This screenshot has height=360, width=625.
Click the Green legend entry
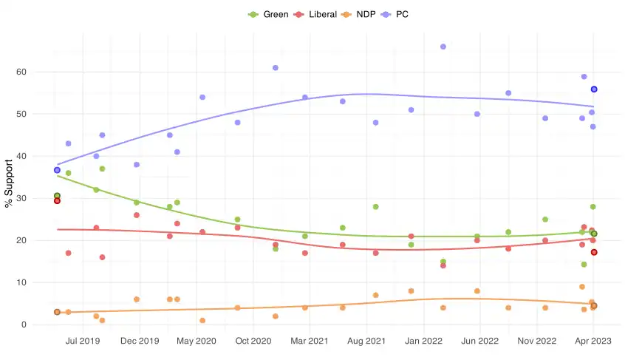[x=270, y=14]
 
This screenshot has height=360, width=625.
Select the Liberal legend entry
[x=316, y=14]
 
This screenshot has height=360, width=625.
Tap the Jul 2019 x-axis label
[x=83, y=341]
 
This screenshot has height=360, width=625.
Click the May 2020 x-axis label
[x=196, y=341]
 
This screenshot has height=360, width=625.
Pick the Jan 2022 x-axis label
[x=423, y=341]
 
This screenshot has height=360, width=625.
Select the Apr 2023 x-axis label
[x=593, y=341]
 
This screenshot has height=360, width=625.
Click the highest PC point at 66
[x=443, y=47]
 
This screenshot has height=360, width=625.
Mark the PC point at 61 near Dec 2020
[x=276, y=68]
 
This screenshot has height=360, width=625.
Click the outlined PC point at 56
[x=594, y=89]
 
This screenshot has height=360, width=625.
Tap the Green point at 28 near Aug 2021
[x=376, y=207]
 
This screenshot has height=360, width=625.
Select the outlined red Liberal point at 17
[x=594, y=253]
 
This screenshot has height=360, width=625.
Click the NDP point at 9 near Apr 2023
[x=582, y=287]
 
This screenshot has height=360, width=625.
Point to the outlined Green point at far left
[x=57, y=196]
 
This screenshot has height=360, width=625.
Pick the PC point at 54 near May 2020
[x=202, y=98]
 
